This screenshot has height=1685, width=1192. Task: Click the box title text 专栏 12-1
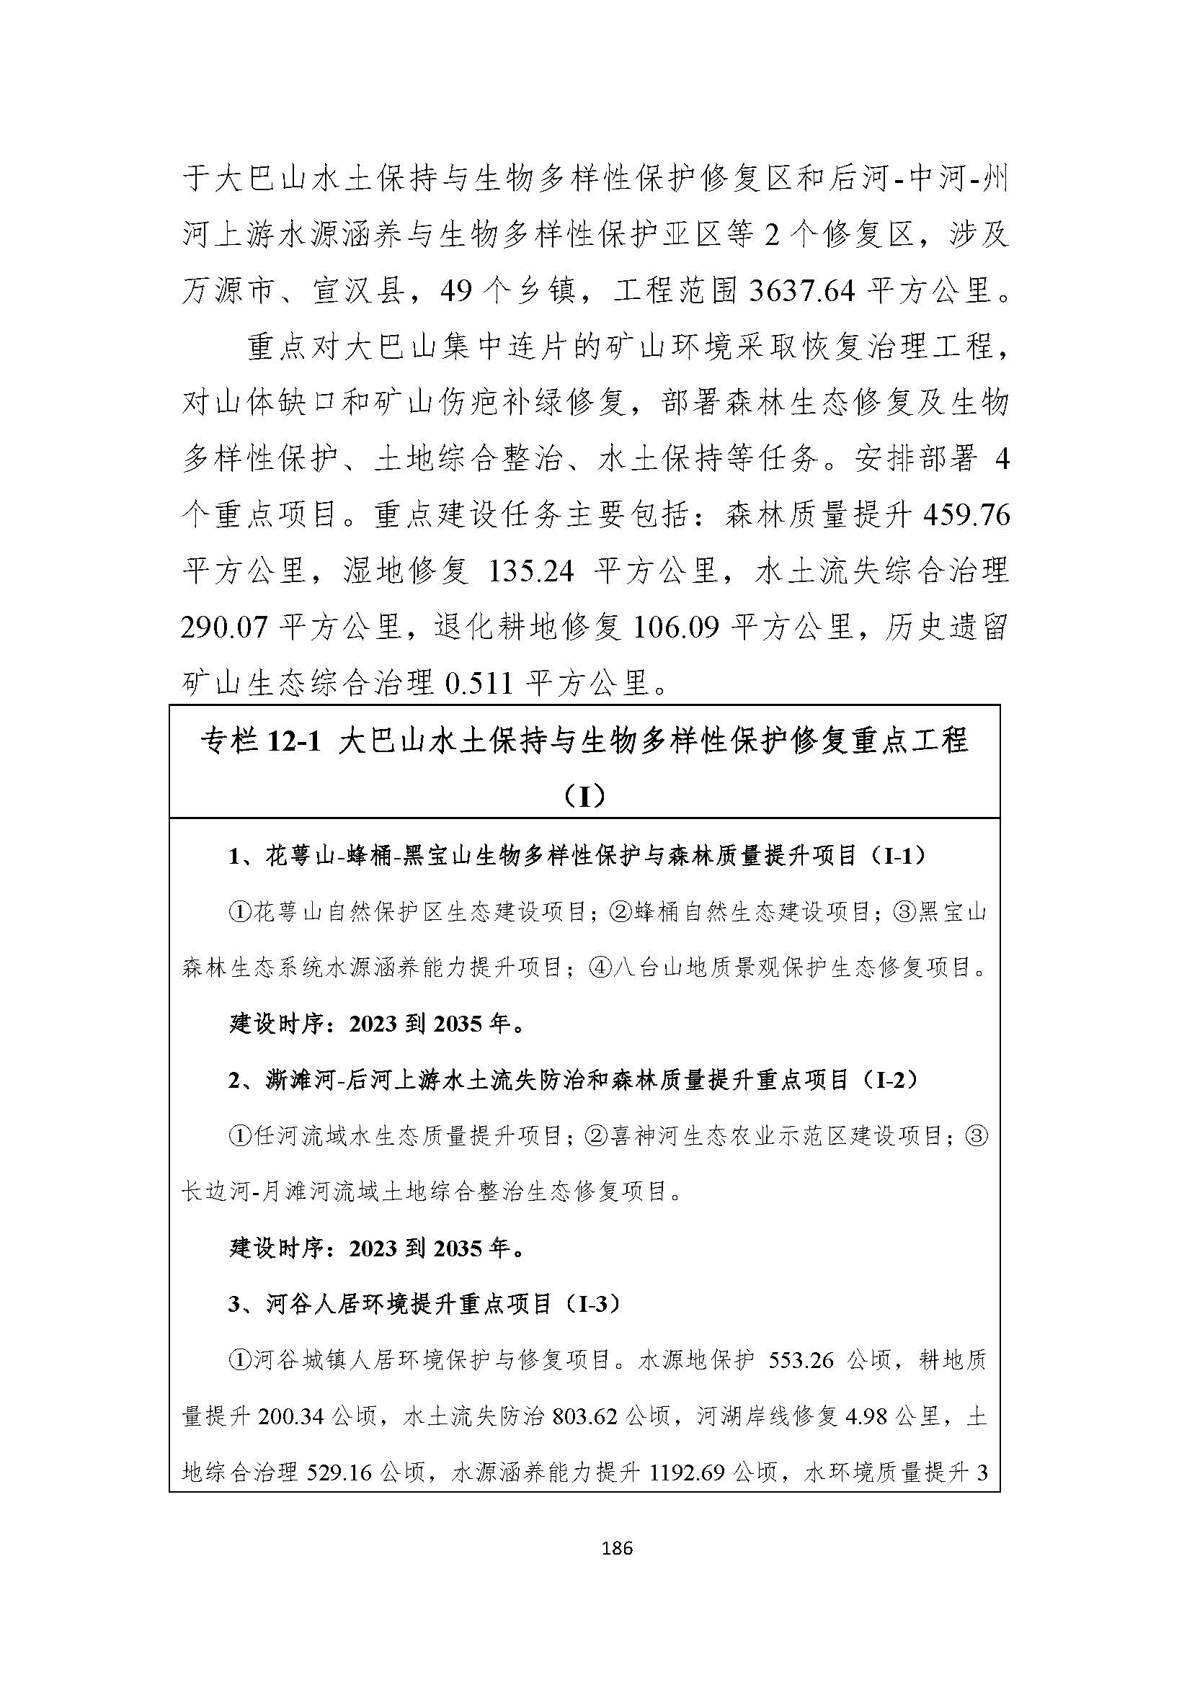tap(262, 742)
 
